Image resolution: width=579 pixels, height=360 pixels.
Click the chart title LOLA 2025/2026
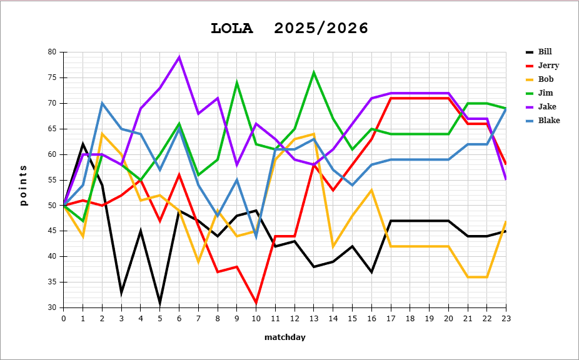tap(289, 28)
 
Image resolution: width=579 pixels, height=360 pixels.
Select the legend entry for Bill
tap(545, 52)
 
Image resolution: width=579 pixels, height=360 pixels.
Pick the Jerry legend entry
tap(547, 66)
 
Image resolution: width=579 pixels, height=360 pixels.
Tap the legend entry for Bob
tap(546, 79)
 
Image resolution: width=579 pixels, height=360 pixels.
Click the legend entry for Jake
tap(546, 107)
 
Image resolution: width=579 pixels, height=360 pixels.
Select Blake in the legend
tap(548, 121)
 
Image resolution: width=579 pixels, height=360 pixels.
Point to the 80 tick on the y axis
tap(53, 52)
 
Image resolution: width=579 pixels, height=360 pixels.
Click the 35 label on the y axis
tap(53, 282)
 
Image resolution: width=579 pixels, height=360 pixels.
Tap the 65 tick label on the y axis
tap(53, 129)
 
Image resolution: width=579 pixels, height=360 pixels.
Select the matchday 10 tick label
tap(256, 318)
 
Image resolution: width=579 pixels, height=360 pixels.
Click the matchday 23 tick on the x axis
tap(505, 318)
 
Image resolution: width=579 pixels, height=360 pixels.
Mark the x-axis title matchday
tap(284, 337)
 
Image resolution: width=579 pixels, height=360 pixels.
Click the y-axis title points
tap(24, 185)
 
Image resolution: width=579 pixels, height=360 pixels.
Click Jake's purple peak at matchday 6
tap(179, 57)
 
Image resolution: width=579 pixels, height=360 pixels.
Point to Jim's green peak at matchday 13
tap(314, 72)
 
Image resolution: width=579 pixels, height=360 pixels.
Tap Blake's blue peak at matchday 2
tap(102, 103)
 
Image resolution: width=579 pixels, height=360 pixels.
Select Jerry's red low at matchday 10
tap(256, 302)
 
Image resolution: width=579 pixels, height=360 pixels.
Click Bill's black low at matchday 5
tap(159, 302)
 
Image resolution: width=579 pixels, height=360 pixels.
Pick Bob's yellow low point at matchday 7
tap(198, 261)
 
